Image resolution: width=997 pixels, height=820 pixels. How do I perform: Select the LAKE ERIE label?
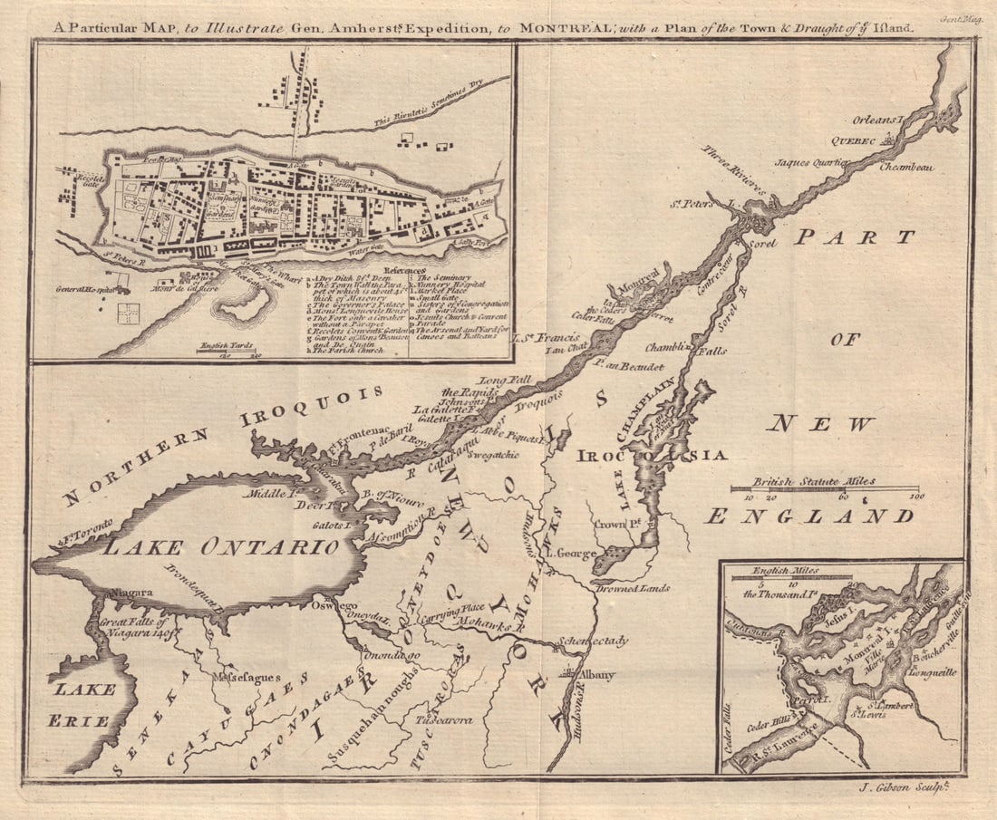pyautogui.click(x=83, y=705)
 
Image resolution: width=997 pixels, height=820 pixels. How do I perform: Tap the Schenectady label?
pyautogui.click(x=594, y=641)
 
